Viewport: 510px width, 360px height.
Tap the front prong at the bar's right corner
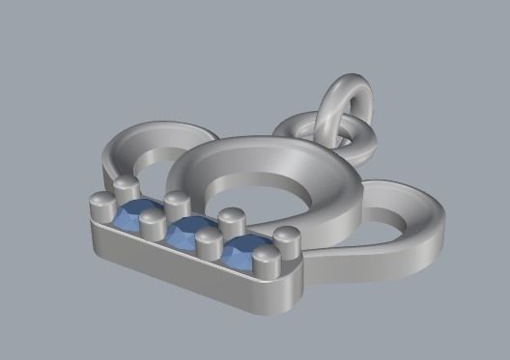click(x=265, y=262)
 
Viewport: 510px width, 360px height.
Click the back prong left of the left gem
click(x=124, y=186)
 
